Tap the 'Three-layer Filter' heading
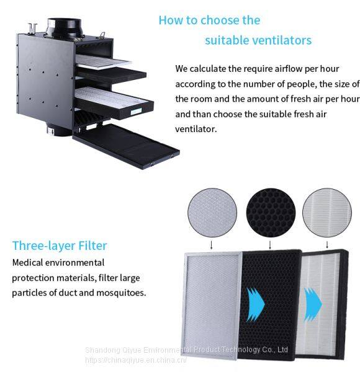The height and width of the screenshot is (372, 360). [x=60, y=246]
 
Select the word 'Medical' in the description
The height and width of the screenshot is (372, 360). [x=27, y=263]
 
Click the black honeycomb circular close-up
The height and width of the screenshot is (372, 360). [x=271, y=213]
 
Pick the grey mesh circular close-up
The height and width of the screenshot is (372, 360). [x=212, y=213]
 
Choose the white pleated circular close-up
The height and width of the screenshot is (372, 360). [x=327, y=213]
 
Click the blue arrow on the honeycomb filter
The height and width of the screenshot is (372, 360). [x=256, y=304]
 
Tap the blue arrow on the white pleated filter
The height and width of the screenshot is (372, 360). [x=313, y=304]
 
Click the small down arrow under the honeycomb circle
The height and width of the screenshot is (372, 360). [x=270, y=245]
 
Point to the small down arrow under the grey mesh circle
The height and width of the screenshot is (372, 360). [x=211, y=245]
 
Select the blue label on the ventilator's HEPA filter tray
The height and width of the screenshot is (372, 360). [x=136, y=111]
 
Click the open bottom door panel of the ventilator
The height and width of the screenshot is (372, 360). [x=127, y=146]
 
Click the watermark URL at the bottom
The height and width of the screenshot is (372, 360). [x=136, y=360]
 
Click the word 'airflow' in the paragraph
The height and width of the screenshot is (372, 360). [x=289, y=69]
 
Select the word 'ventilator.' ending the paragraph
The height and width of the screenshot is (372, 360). [x=196, y=130]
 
